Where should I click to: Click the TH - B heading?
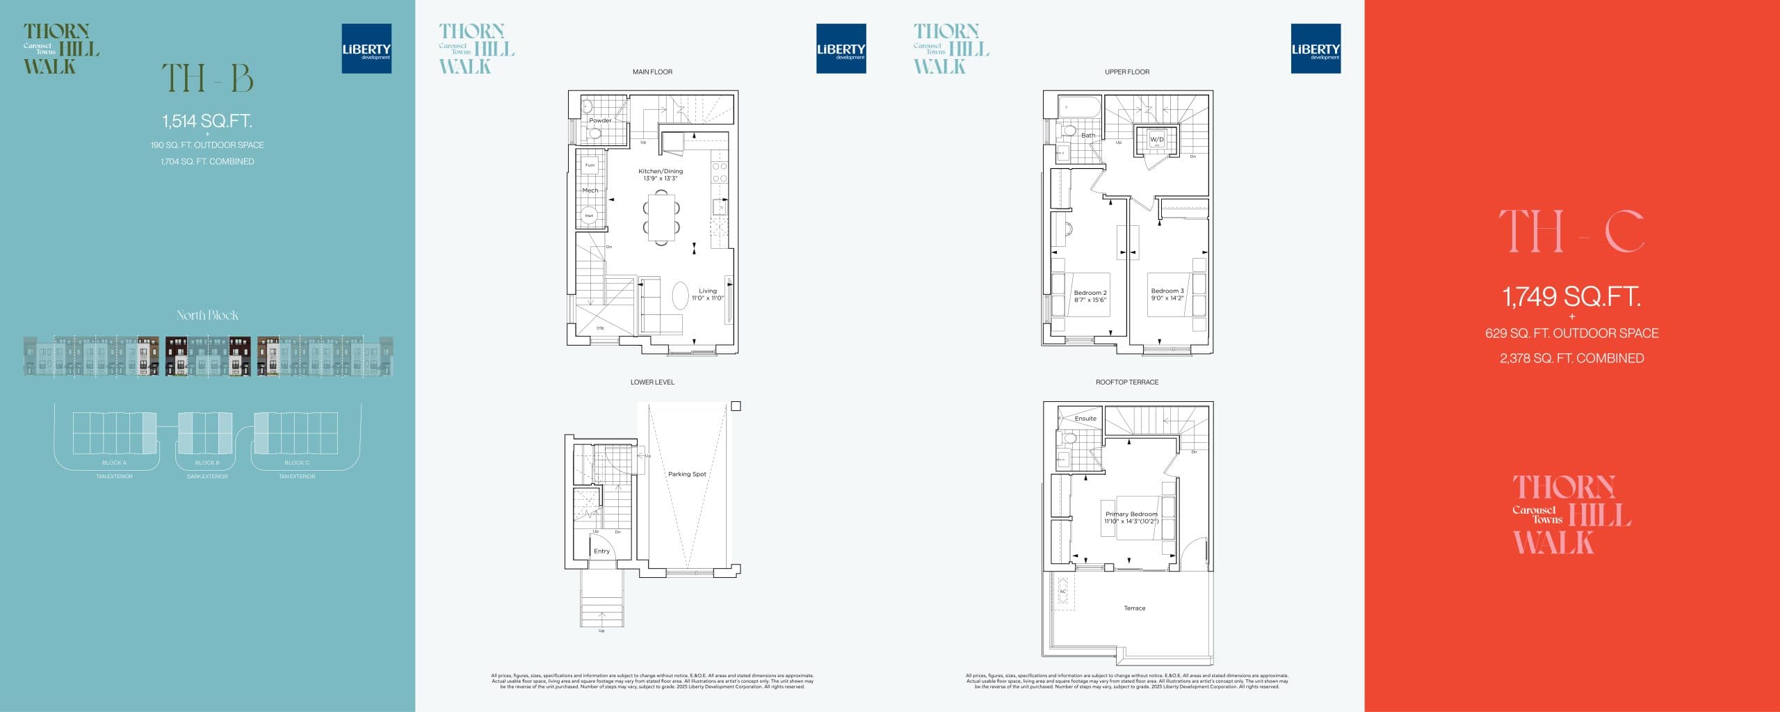(x=207, y=78)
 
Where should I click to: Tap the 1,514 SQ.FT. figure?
(x=207, y=121)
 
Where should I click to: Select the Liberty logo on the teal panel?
(x=366, y=49)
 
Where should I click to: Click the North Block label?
(x=207, y=315)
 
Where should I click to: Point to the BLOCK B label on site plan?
(x=207, y=462)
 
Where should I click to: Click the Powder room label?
(x=600, y=120)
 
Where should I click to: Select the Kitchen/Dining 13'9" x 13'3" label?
(x=661, y=175)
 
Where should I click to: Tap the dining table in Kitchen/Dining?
(x=661, y=218)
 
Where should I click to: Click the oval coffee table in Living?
(x=680, y=296)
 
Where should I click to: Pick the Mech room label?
(x=590, y=190)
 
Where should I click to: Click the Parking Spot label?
(x=687, y=474)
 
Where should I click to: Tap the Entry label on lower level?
(x=601, y=551)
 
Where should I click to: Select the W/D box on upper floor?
(x=1156, y=140)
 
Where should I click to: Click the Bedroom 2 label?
(x=1090, y=296)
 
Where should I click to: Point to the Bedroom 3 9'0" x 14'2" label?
(x=1167, y=294)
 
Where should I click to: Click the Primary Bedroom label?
(x=1131, y=517)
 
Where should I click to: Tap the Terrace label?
(x=1134, y=608)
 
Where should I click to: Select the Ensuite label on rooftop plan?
(x=1085, y=419)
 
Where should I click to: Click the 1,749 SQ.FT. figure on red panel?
(x=1571, y=297)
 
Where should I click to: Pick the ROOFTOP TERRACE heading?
(x=1126, y=382)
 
